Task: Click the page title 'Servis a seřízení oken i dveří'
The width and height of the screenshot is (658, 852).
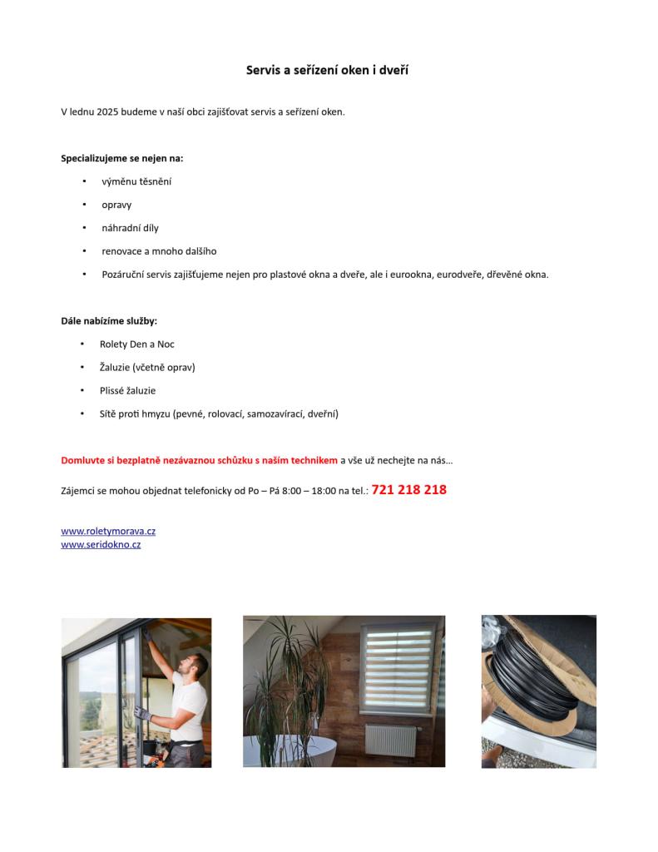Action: tap(327, 71)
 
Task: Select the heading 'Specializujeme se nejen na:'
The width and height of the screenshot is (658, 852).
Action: tap(121, 158)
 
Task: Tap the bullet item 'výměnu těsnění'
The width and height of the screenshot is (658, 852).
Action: tap(136, 181)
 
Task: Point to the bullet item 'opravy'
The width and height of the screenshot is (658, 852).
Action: tap(116, 205)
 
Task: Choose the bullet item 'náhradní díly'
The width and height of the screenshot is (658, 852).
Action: tap(130, 228)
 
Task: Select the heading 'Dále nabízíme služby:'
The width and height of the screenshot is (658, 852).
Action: tap(108, 321)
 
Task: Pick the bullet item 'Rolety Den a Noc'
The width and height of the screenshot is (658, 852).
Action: tap(136, 344)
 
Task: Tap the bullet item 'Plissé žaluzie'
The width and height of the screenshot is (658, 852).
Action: tap(127, 391)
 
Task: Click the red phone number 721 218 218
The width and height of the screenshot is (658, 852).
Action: tap(408, 490)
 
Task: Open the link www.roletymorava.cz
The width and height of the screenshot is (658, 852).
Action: tap(108, 531)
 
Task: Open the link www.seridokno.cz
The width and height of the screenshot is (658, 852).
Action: tap(101, 545)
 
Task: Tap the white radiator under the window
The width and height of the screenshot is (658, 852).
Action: tap(390, 740)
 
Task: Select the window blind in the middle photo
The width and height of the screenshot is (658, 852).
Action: tap(398, 667)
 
